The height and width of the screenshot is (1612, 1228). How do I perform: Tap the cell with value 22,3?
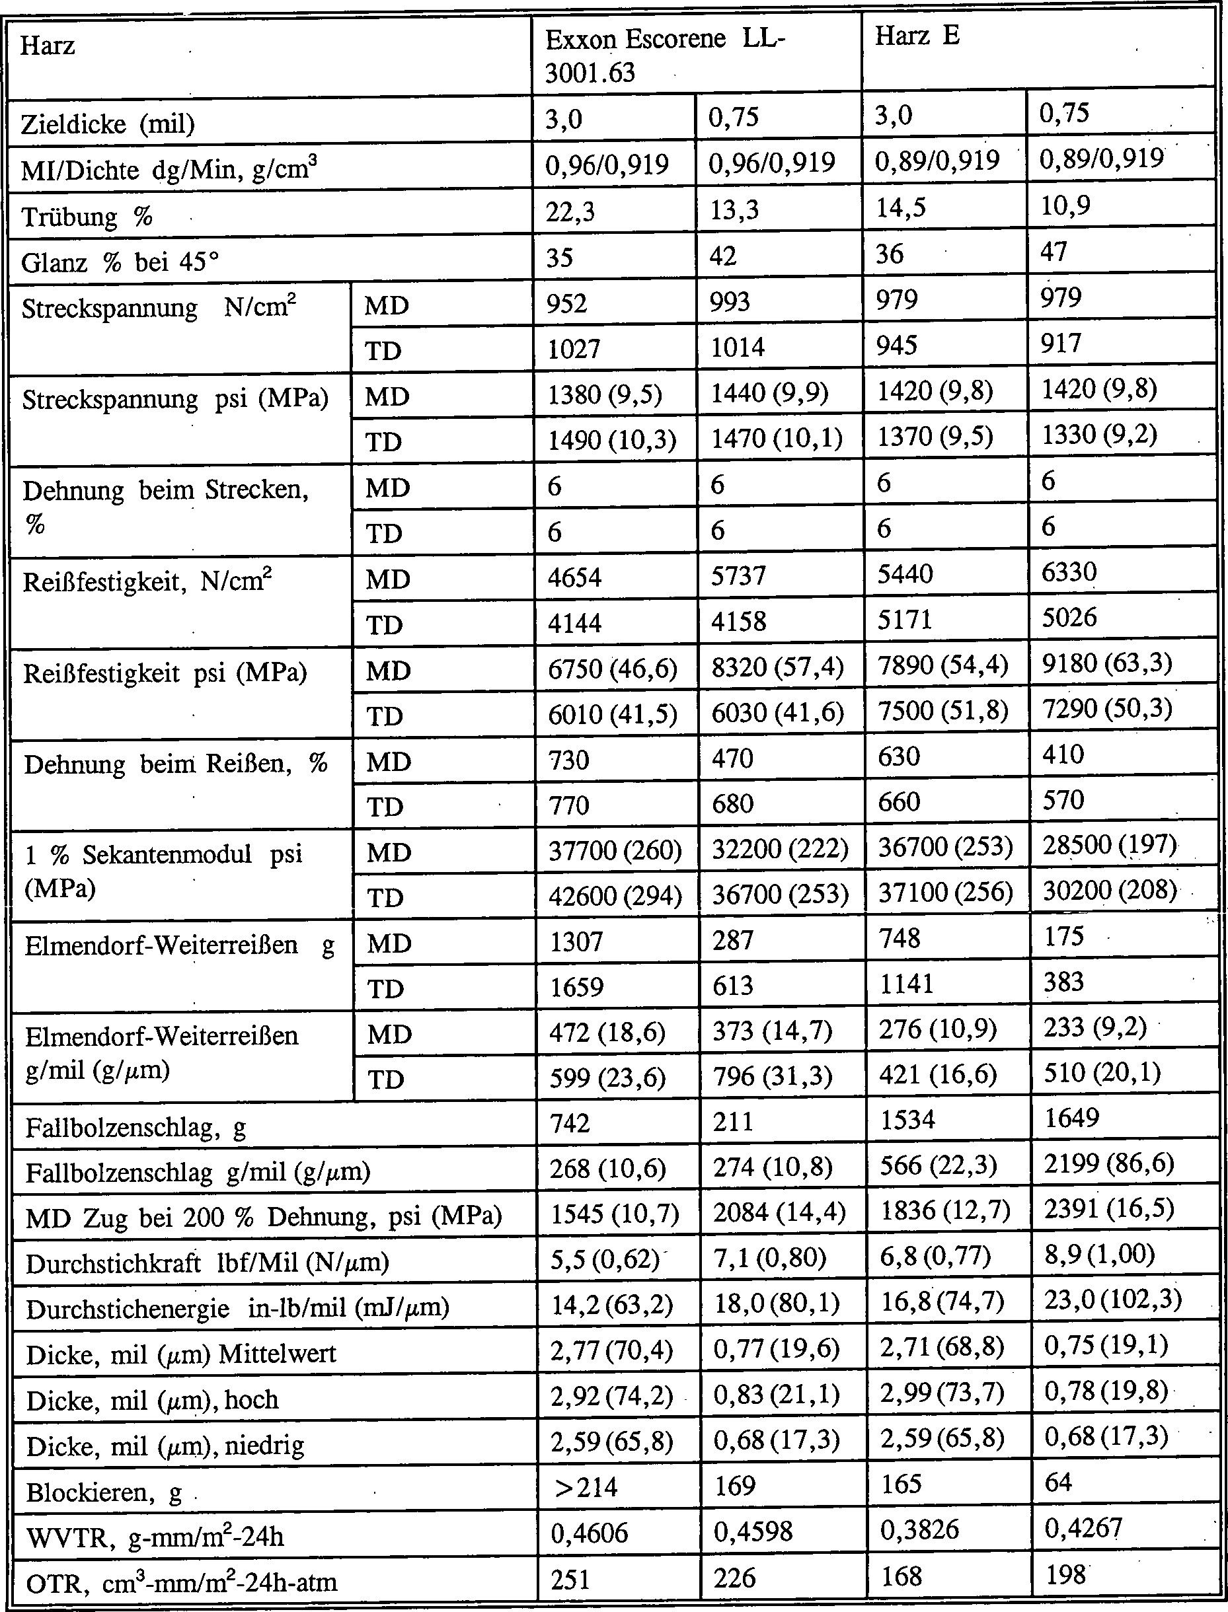(x=570, y=212)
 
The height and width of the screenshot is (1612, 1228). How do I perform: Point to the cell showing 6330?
(x=1069, y=572)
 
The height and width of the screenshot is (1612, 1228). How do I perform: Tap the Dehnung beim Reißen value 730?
(x=568, y=760)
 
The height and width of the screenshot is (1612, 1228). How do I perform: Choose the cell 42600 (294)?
(x=614, y=896)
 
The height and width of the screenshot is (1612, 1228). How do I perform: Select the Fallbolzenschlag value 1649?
(x=1071, y=1118)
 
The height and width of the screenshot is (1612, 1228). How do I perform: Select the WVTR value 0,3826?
(x=919, y=1530)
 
